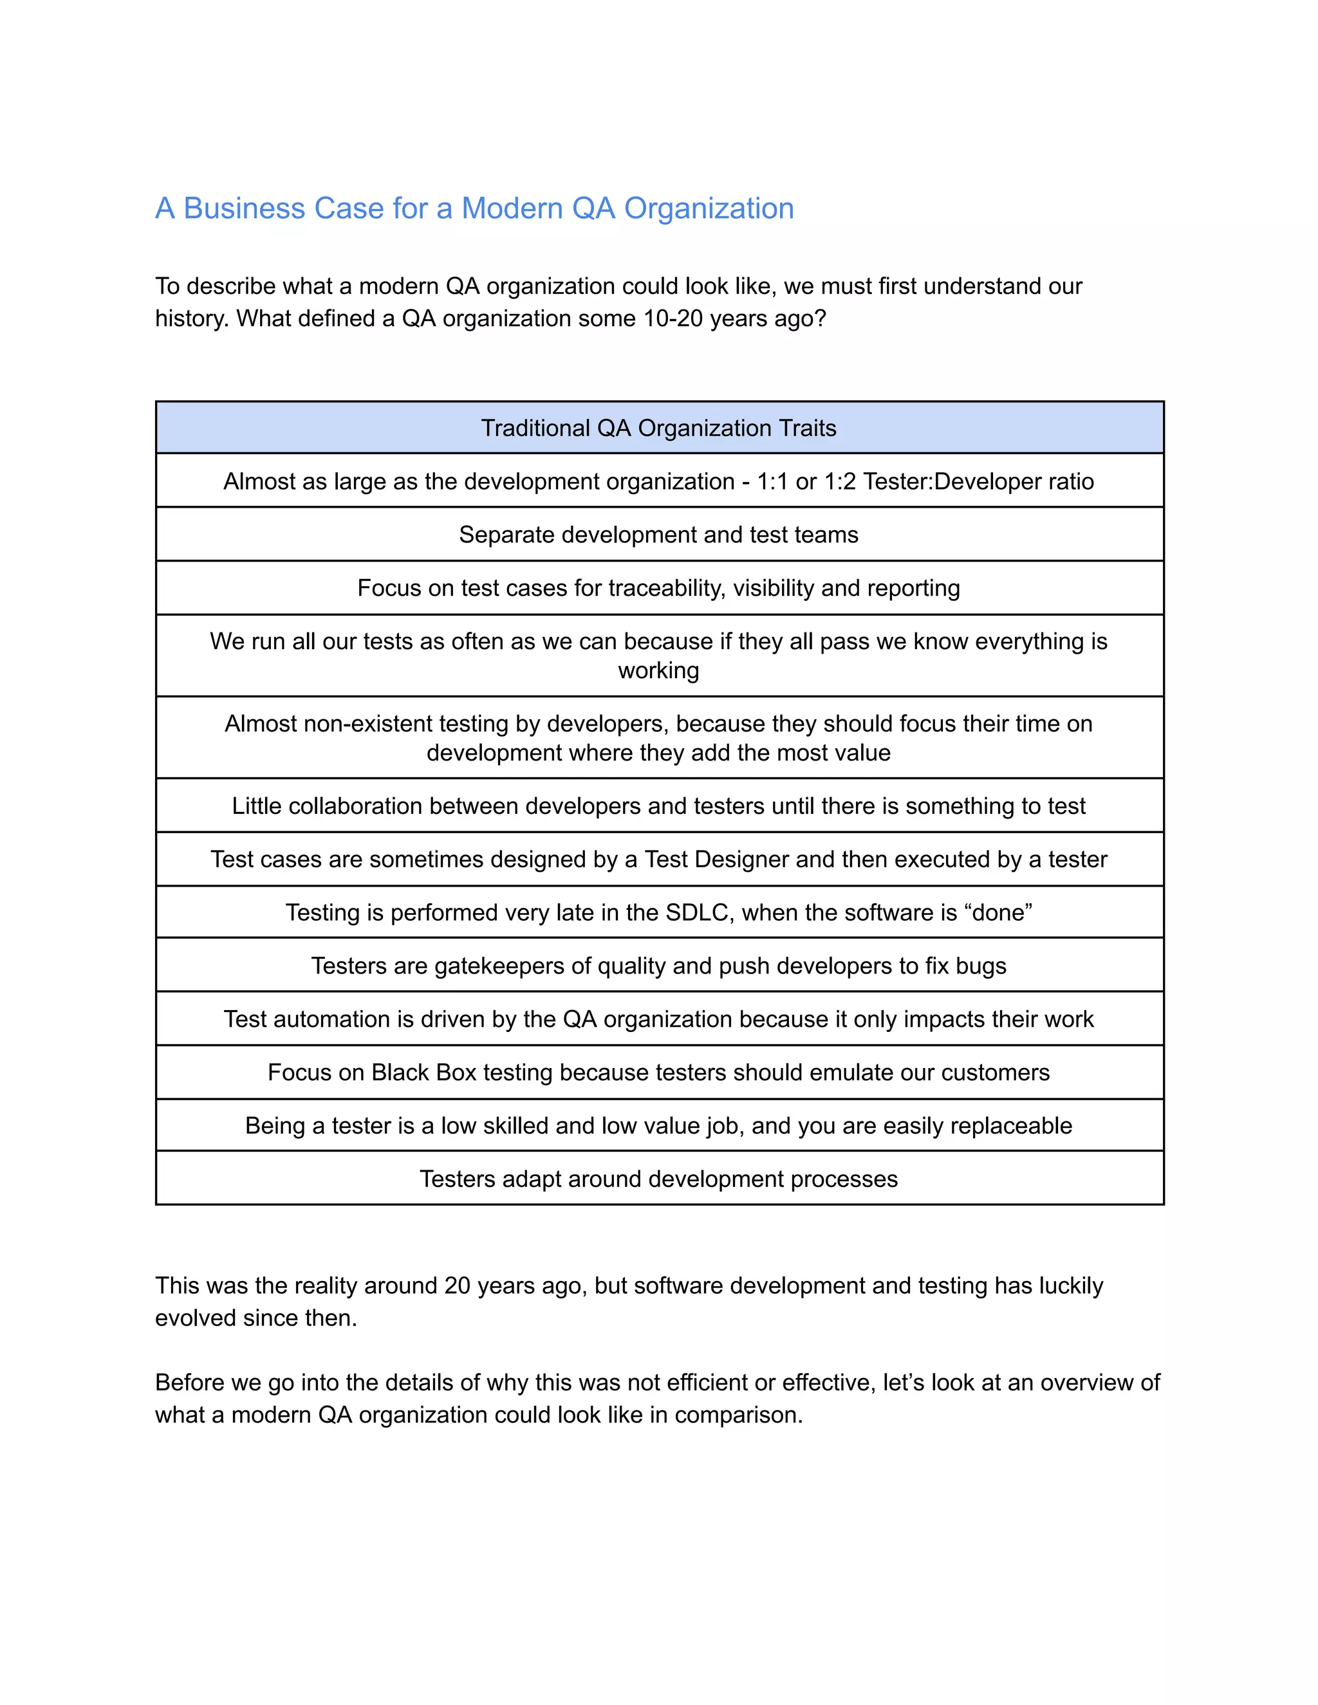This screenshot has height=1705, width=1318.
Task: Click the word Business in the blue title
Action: tap(244, 208)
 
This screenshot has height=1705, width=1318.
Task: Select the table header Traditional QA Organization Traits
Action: tap(658, 428)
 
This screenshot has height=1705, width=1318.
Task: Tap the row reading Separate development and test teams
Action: tap(658, 535)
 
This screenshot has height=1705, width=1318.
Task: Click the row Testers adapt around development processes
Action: tap(658, 1179)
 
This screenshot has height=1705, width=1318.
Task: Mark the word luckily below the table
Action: tap(1070, 1286)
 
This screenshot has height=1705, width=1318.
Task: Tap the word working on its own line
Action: tap(658, 670)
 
